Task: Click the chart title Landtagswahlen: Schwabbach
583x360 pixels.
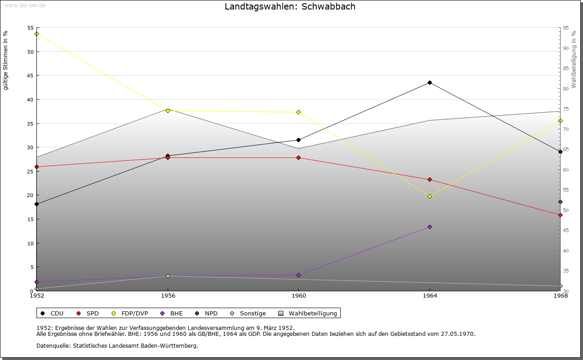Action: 290,7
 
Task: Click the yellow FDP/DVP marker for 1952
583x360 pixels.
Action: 36,34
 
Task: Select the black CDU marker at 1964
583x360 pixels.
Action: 430,82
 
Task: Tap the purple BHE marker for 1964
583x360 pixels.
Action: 430,227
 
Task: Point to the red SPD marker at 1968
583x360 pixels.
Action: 560,215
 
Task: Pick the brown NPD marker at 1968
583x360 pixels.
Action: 560,202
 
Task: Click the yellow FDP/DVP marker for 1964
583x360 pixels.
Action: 430,196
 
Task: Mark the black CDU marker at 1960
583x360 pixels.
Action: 298,140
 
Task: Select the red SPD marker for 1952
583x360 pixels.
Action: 36,167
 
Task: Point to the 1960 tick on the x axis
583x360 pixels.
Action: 298,296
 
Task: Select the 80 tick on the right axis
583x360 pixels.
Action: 566,88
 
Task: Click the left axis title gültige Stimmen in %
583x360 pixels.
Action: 6,60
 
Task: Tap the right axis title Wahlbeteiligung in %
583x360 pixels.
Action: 574,59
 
